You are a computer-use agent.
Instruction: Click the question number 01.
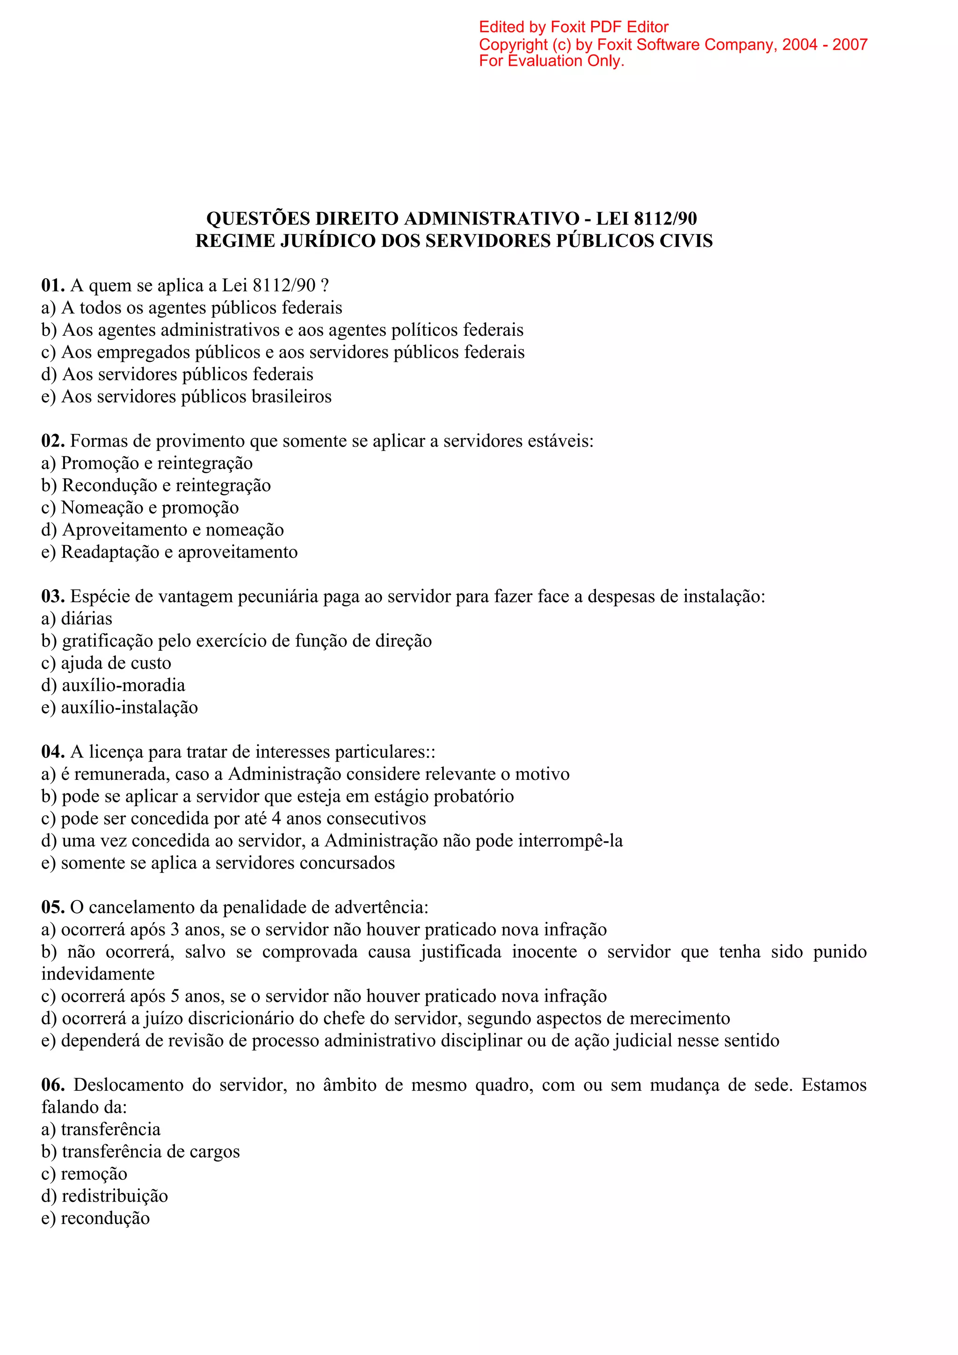coord(52,286)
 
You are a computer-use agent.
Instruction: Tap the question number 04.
coord(52,752)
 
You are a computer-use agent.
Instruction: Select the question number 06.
coord(52,1085)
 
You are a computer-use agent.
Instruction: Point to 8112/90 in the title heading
coord(665,219)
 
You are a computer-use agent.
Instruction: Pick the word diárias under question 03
coord(86,619)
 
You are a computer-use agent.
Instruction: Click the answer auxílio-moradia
coord(123,686)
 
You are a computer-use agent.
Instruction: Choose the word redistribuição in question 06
coord(115,1196)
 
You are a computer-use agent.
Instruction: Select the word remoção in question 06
coord(94,1174)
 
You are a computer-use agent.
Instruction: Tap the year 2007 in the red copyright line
coord(849,45)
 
